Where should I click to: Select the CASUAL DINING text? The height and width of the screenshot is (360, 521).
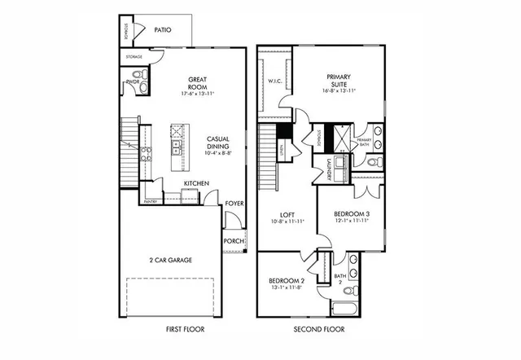(x=221, y=143)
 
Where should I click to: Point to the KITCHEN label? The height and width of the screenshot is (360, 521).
(x=196, y=183)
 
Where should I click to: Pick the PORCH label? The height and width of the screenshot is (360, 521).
(x=234, y=241)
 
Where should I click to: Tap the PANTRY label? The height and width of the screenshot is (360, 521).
(x=151, y=200)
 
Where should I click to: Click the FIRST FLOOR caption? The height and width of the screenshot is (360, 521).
(x=182, y=330)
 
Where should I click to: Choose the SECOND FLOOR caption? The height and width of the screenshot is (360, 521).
(x=318, y=330)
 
